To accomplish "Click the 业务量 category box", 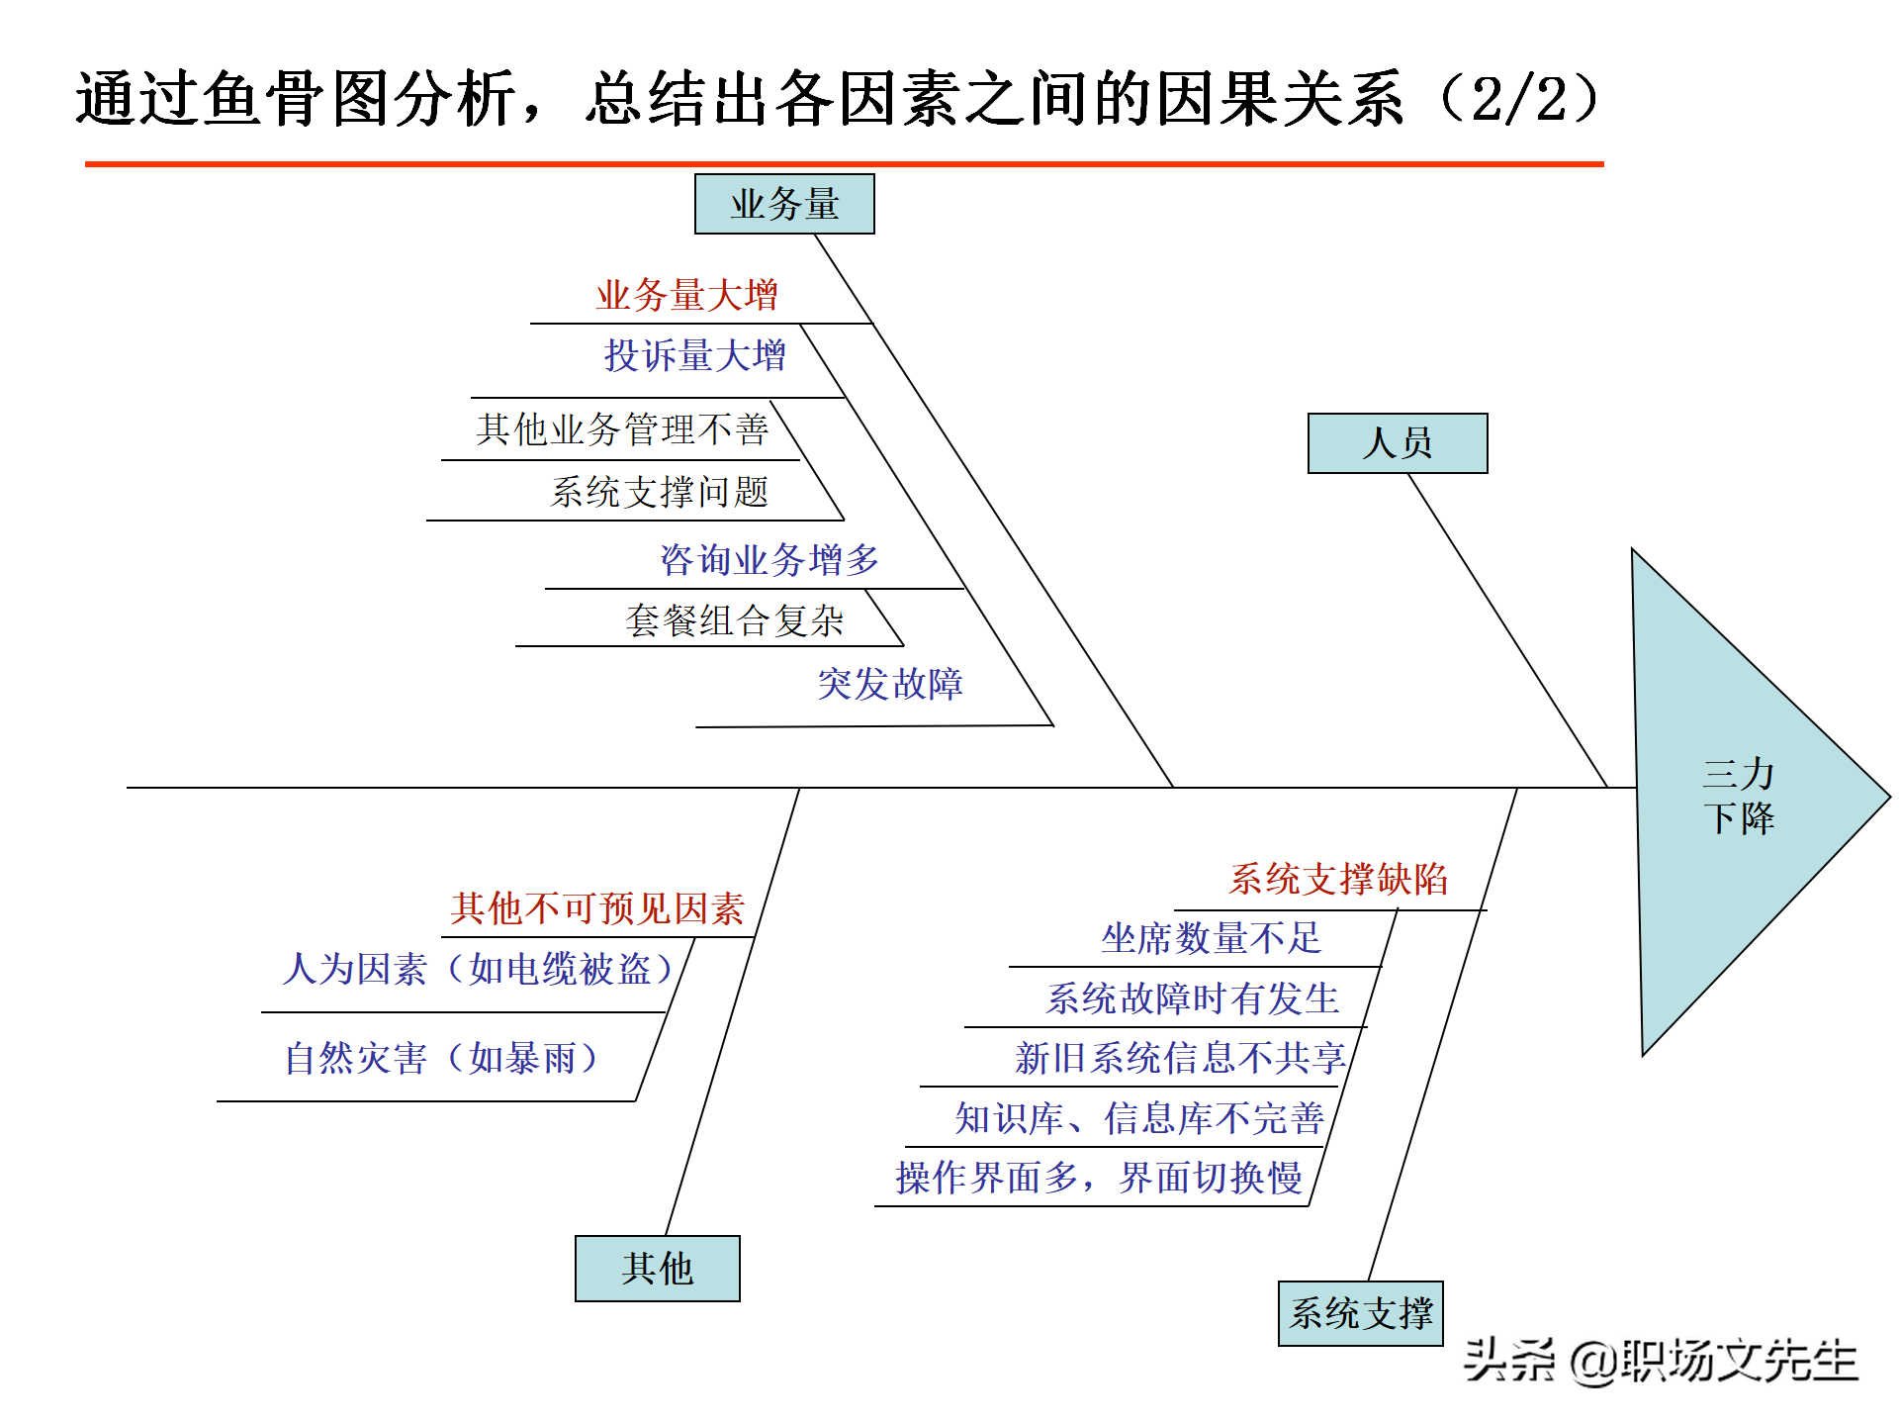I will [x=784, y=204].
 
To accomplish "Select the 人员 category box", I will [x=1397, y=442].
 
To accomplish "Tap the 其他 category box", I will [x=657, y=1268].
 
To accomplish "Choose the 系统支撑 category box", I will [x=1360, y=1313].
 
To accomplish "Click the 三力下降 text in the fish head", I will [x=1738, y=796].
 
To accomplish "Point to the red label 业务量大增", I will [x=686, y=295].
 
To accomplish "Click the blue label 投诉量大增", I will [x=694, y=355].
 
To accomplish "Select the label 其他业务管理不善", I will [x=621, y=429].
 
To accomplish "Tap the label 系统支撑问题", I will [x=659, y=492].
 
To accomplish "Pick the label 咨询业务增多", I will [x=769, y=560].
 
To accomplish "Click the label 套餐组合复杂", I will [x=734, y=620].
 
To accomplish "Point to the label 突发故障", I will [x=889, y=684].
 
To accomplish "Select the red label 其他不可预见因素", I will [x=596, y=908].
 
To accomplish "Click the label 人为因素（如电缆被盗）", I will [x=479, y=969].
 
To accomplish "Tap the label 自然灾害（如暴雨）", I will [x=442, y=1059].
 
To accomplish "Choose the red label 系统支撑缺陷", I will [x=1337, y=879].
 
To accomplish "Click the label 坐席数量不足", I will [x=1211, y=938].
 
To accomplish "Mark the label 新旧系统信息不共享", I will [x=1179, y=1058].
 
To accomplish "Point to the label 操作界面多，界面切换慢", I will [x=1098, y=1178].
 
